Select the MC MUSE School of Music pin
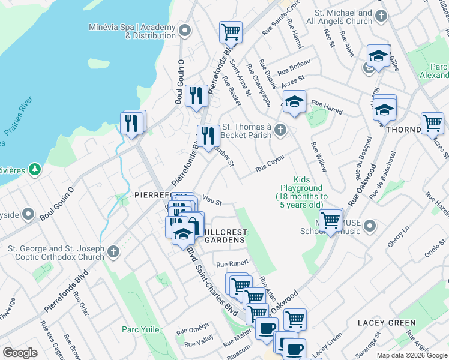coord(370,226)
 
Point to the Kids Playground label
coord(301,188)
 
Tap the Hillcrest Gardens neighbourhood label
coord(224,235)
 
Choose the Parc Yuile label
coord(139,329)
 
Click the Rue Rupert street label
coord(232,263)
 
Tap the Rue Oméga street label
coord(192,329)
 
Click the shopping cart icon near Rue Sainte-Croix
coord(230,32)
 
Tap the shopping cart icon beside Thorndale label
coord(432,123)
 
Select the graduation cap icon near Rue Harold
coord(295,101)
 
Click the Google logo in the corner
coord(19,353)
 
